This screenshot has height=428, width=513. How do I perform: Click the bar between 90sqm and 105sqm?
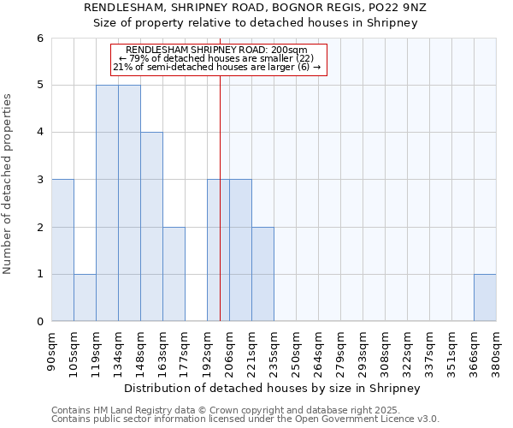tap(62, 250)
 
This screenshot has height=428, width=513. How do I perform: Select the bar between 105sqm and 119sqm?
tap(85, 298)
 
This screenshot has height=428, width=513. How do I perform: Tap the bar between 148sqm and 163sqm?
tap(151, 227)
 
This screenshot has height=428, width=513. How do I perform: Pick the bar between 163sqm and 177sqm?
tap(174, 274)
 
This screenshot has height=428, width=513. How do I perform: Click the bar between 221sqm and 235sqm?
tap(262, 274)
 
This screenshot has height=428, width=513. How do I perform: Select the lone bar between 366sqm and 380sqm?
tap(485, 298)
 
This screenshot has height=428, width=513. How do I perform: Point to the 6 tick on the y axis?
tap(40, 39)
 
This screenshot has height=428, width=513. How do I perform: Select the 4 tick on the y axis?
tap(40, 133)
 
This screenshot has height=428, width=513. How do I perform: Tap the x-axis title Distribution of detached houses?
tap(273, 389)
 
